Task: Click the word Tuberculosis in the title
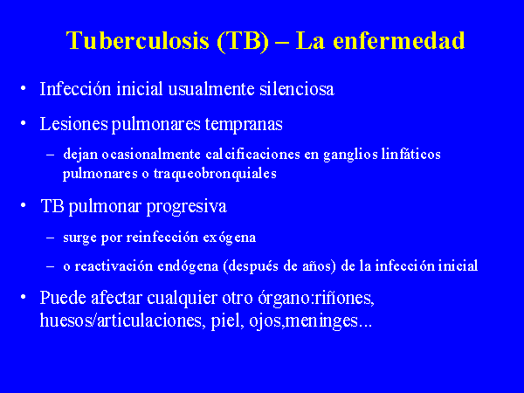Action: (x=138, y=41)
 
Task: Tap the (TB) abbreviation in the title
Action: (x=243, y=41)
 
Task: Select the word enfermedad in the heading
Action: (x=399, y=41)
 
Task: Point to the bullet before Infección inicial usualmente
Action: (x=23, y=88)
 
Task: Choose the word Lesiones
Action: (x=74, y=124)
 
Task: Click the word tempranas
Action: (x=244, y=125)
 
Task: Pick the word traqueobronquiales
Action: (x=215, y=174)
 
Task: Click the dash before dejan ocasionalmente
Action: (x=50, y=155)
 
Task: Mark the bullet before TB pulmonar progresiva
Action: (x=23, y=205)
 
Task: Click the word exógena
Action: (x=229, y=238)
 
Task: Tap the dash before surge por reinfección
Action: (x=50, y=238)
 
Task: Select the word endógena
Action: (x=188, y=266)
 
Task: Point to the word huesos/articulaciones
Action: (x=122, y=321)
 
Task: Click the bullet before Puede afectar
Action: (x=23, y=297)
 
